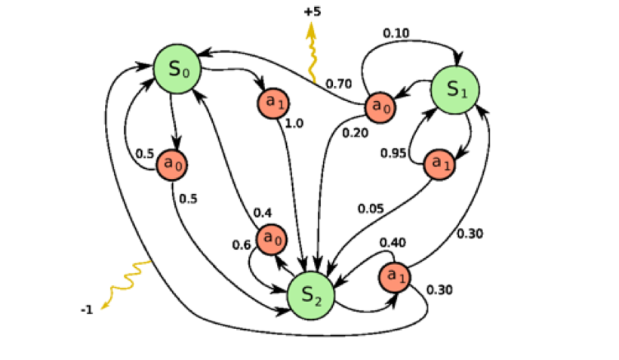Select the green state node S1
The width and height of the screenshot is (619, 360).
tap(454, 90)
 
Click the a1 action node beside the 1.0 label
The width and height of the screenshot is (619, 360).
tap(272, 102)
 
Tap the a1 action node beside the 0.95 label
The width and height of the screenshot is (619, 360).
tap(439, 164)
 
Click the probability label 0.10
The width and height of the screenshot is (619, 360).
tap(396, 33)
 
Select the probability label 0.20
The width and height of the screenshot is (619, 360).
tap(355, 133)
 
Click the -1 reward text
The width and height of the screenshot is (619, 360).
tap(88, 309)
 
